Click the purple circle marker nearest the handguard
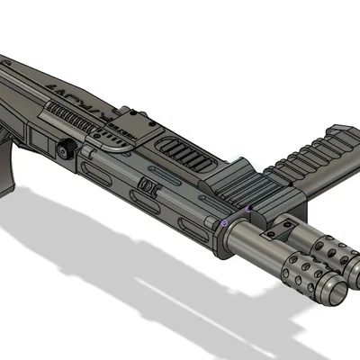point(222,221)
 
